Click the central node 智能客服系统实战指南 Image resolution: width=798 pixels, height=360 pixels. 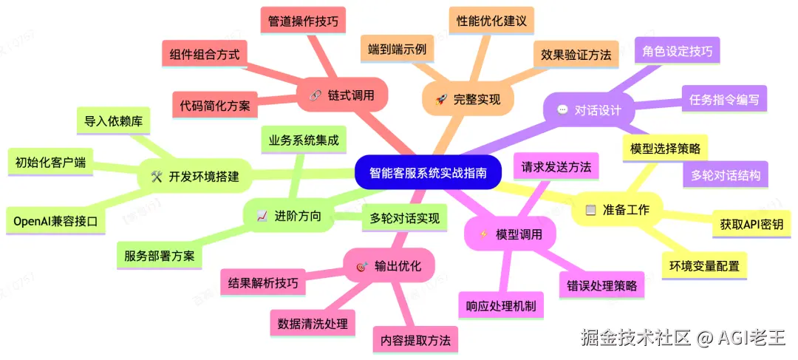[x=427, y=173]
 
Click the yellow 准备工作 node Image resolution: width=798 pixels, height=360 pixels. [x=618, y=210]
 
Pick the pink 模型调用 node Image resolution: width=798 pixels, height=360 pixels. [x=511, y=235]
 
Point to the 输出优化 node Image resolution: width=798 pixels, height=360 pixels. [x=389, y=266]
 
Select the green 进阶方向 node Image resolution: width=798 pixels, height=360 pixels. [x=289, y=216]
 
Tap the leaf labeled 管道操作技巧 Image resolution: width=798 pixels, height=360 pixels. [x=304, y=21]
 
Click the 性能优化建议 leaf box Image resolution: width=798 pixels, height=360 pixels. [x=491, y=21]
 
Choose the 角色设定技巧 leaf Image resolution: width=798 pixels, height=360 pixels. [x=678, y=52]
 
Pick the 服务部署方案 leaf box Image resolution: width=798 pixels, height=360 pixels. [x=160, y=256]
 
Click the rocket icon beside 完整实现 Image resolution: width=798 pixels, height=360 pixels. [x=442, y=99]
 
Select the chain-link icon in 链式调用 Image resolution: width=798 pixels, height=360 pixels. [x=314, y=95]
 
